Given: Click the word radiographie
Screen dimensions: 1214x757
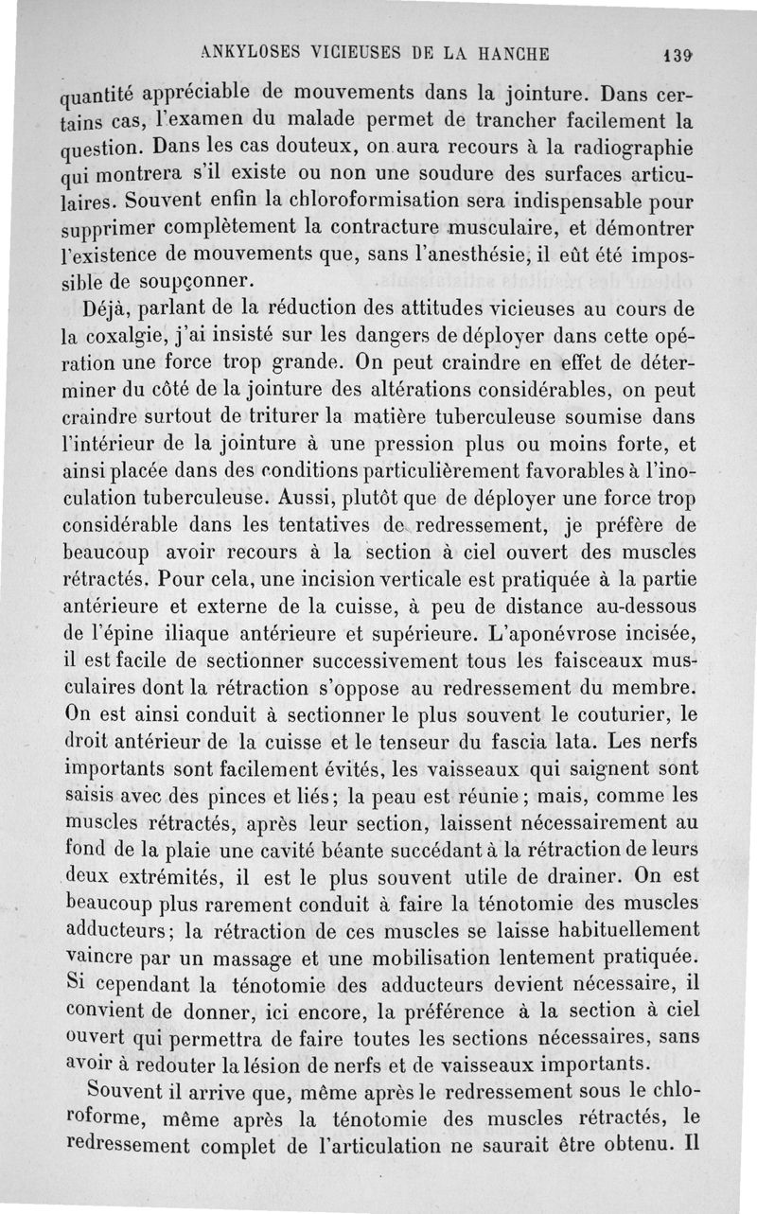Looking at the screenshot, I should pos(636,150).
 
